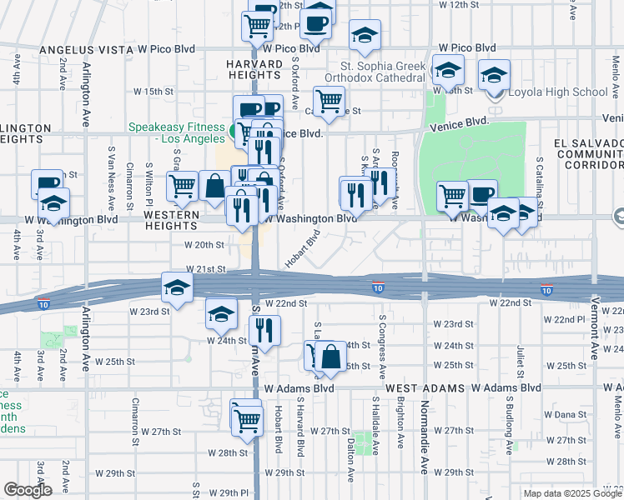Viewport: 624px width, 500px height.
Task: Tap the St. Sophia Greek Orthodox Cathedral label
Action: click(x=382, y=71)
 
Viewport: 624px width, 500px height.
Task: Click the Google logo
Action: click(x=28, y=490)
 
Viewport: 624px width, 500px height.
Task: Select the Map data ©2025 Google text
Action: click(x=571, y=493)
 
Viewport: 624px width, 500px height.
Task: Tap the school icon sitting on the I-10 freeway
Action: click(x=177, y=287)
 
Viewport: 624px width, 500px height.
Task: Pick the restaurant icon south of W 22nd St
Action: click(x=266, y=330)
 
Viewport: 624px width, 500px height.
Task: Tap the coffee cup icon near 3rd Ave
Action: click(x=47, y=183)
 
